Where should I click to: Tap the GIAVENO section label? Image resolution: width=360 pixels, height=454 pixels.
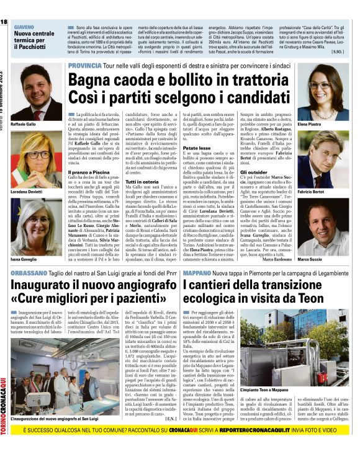(x=24, y=28)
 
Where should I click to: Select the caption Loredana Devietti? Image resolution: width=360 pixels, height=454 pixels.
(x=27, y=176)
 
